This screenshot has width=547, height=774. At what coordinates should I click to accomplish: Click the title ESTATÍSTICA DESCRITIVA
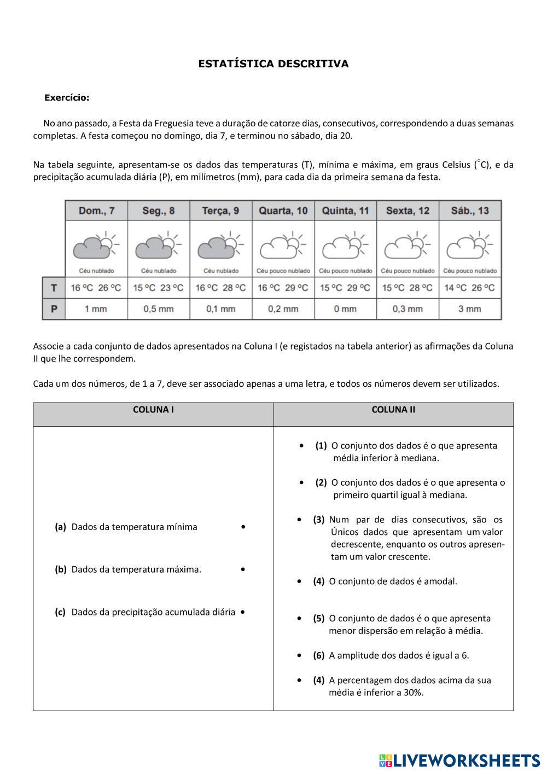(x=273, y=64)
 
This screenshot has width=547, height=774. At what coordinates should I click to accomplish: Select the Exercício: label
(x=66, y=98)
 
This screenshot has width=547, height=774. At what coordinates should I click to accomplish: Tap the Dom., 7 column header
(x=96, y=211)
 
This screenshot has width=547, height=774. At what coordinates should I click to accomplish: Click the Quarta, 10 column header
(x=283, y=211)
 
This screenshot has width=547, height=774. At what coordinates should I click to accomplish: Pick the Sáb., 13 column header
(x=470, y=211)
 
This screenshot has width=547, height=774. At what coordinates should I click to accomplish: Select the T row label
(x=54, y=288)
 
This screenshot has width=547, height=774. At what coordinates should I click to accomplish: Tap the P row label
(x=54, y=309)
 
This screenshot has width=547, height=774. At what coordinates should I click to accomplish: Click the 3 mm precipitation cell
(x=470, y=309)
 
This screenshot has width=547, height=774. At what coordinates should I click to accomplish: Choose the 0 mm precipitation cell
(x=345, y=309)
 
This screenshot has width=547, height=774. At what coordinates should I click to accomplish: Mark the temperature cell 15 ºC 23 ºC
(x=159, y=288)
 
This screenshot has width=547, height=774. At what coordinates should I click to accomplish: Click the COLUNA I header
(x=153, y=410)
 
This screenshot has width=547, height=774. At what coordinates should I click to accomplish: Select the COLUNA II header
(x=393, y=410)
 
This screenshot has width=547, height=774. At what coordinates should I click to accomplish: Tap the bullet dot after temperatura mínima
(x=243, y=527)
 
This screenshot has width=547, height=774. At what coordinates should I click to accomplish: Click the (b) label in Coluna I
(x=61, y=569)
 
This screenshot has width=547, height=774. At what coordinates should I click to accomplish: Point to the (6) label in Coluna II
(x=319, y=655)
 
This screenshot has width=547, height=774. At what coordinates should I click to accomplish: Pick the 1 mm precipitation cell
(x=96, y=309)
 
